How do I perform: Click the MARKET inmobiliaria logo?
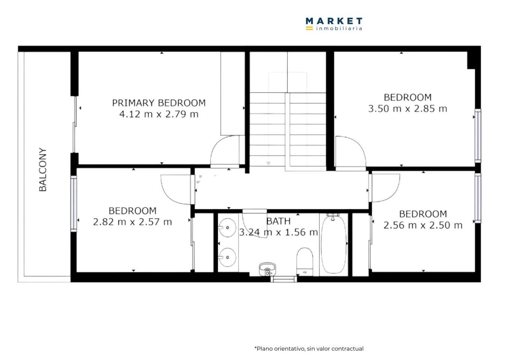(334, 24)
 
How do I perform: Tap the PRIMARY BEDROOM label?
(159, 103)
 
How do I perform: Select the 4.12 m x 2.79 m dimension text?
(159, 114)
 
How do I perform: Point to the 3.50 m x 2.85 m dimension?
(408, 109)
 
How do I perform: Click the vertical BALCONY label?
(43, 169)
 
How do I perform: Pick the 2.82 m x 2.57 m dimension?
(132, 222)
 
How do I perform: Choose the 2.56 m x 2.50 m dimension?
(423, 225)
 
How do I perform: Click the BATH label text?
(278, 221)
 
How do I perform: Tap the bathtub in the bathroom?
(333, 245)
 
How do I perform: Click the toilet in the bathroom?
(305, 262)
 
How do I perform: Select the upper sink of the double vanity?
(227, 228)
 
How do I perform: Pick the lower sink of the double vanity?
(227, 257)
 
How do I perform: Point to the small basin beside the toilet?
(268, 269)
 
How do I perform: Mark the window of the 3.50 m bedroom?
(478, 136)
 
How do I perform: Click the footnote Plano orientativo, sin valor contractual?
(309, 349)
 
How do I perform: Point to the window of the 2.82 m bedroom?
(73, 204)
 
